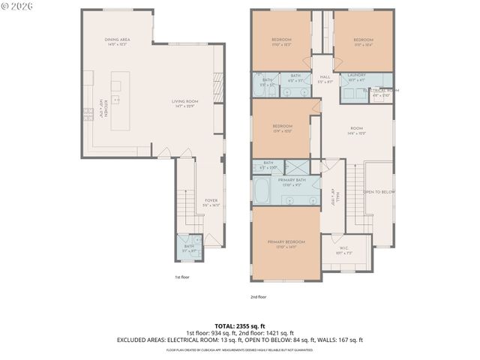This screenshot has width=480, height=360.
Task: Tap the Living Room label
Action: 184,103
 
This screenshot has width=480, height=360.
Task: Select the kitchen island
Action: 121,100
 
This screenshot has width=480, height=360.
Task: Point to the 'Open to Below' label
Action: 379,192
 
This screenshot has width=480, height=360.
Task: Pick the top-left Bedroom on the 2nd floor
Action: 282,41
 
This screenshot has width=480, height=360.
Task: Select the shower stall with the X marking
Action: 295,167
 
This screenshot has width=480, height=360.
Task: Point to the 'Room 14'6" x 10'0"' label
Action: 356,132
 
